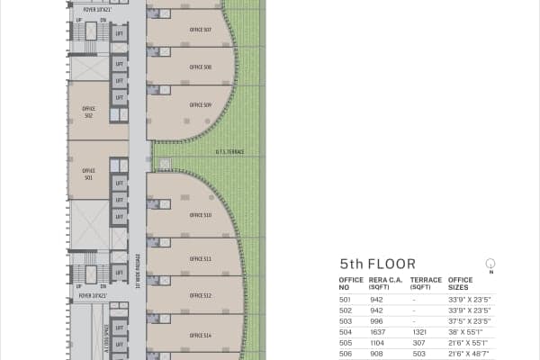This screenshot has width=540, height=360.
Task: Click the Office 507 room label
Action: click(201, 30)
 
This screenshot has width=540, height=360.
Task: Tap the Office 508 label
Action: click(201, 67)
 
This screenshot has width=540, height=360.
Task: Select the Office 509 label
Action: click(201, 105)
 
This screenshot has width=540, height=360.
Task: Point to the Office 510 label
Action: click(201, 215)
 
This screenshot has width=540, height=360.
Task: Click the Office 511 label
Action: click(201, 258)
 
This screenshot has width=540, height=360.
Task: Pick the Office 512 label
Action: click(201, 295)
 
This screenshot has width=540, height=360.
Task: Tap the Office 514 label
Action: click(201, 335)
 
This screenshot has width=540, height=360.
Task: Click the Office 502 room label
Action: click(89, 112)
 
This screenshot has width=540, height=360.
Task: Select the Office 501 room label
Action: click(89, 174)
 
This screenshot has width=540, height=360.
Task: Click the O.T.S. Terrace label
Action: click(229, 151)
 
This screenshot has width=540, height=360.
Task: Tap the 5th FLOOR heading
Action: click(377, 265)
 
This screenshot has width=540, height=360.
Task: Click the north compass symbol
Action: click(490, 264)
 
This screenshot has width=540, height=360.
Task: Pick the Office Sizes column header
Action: click(461, 283)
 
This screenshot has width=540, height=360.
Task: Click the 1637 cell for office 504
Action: click(376, 330)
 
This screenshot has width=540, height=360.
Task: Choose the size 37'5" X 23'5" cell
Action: click(469, 319)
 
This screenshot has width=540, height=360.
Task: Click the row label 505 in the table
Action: click(345, 342)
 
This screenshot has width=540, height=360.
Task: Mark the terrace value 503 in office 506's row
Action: click(416, 353)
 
